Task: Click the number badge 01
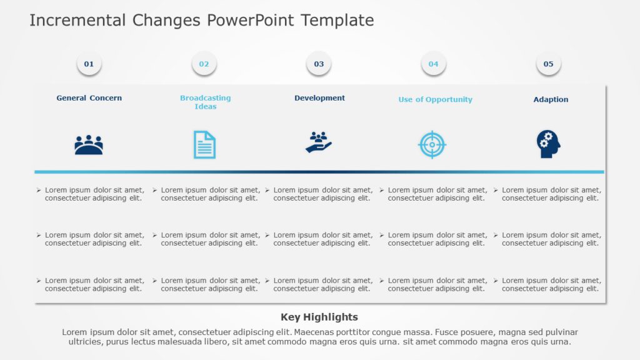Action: tap(89, 64)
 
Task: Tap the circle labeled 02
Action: tap(204, 64)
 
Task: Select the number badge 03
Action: tap(319, 64)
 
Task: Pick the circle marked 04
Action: tap(433, 64)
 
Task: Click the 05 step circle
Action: tap(548, 64)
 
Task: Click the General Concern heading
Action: tap(89, 98)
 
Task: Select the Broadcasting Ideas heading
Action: tap(205, 102)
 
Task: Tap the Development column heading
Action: tap(319, 98)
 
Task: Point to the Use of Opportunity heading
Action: tap(435, 99)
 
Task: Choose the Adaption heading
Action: tap(551, 99)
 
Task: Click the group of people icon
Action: tap(89, 145)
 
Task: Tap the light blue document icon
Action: tap(204, 144)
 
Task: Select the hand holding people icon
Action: tap(319, 142)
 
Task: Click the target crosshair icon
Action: tap(432, 144)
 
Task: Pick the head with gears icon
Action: tap(548, 144)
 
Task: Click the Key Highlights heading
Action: tap(319, 317)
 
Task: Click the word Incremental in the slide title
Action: tap(78, 21)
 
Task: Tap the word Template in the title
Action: tap(337, 21)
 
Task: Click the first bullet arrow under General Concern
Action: tap(39, 190)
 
